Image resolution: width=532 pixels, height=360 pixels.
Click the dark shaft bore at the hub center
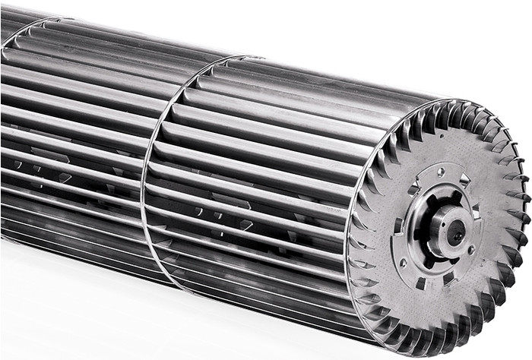pos(455,232)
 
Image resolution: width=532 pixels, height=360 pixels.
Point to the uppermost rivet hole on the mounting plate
pos(440,172)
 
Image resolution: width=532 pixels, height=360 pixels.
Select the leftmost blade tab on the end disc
pos(353,228)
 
